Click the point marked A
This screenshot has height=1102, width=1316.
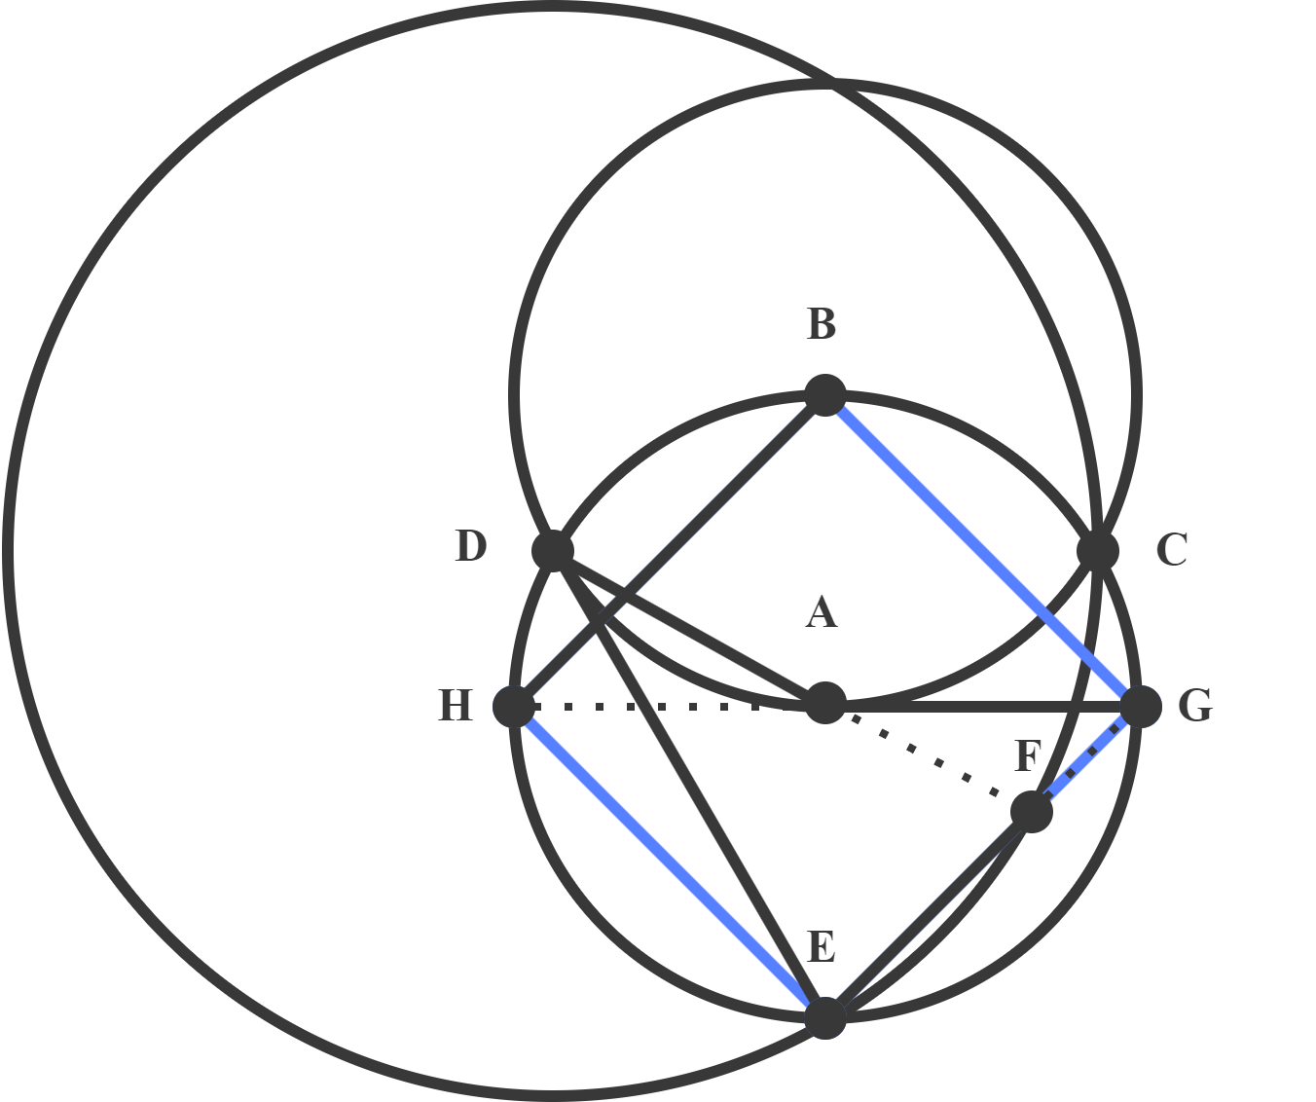coord(825,703)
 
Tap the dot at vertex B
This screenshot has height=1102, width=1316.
coord(825,395)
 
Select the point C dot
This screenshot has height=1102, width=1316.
coord(1099,550)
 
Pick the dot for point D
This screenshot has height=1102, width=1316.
coord(553,550)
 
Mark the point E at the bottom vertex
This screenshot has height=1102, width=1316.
coord(825,1017)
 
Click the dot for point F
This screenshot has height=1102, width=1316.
coord(1032,811)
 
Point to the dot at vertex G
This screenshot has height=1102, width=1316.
coord(1141,706)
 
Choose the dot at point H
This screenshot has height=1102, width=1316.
coord(514,706)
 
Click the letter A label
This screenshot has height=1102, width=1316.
coord(822,614)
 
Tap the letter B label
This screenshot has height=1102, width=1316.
coord(822,325)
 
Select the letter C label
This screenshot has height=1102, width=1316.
coord(1171,551)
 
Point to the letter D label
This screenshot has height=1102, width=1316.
coord(470,547)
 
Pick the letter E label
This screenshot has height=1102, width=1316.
coord(822,947)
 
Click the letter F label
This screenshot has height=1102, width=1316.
coord(1028,756)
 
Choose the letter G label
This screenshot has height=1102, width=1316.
coord(1194,706)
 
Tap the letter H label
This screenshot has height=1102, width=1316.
coord(456,706)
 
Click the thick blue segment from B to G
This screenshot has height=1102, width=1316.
coord(983,551)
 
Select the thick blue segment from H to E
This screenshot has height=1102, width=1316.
coord(670,862)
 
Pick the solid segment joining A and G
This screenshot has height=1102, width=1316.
coord(983,705)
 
